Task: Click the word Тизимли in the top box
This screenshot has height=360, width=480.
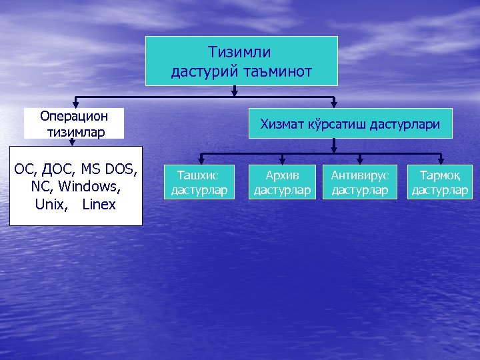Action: point(239,51)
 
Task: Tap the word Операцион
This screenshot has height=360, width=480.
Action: point(73,116)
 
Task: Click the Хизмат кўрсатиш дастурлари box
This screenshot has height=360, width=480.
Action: point(350,123)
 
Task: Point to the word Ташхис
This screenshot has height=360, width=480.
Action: point(199,175)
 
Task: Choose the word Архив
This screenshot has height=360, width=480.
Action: point(282,175)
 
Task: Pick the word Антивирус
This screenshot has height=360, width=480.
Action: point(359,175)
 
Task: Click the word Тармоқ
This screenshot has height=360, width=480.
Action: point(439,175)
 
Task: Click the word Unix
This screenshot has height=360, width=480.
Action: point(49,204)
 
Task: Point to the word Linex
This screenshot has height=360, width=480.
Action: point(99,204)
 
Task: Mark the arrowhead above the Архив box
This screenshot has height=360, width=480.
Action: point(283,161)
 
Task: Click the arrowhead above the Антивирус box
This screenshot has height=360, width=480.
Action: point(359,161)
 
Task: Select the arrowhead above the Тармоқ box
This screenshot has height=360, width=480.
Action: point(439,161)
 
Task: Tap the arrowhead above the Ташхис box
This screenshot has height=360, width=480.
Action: point(199,161)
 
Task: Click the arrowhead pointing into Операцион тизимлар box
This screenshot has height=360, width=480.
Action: point(73,104)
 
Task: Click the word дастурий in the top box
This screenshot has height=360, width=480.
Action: point(204,70)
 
